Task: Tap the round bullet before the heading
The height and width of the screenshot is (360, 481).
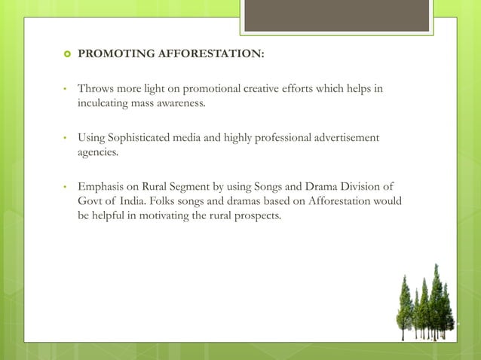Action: point(66,54)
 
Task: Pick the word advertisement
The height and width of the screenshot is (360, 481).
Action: point(345,138)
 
